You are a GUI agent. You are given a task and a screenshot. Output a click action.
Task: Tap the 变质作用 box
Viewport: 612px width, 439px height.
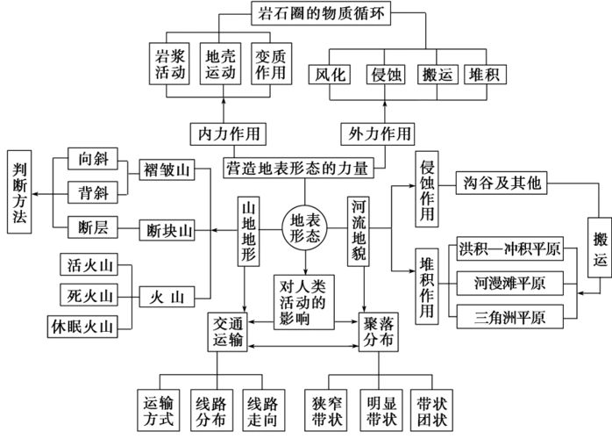point(271,62)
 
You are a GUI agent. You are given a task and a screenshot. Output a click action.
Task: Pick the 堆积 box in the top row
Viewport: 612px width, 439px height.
point(483,73)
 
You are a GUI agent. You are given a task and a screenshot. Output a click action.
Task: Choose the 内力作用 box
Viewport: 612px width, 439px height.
point(225,133)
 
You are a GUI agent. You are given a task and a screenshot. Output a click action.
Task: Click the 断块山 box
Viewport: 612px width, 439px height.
point(167,230)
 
